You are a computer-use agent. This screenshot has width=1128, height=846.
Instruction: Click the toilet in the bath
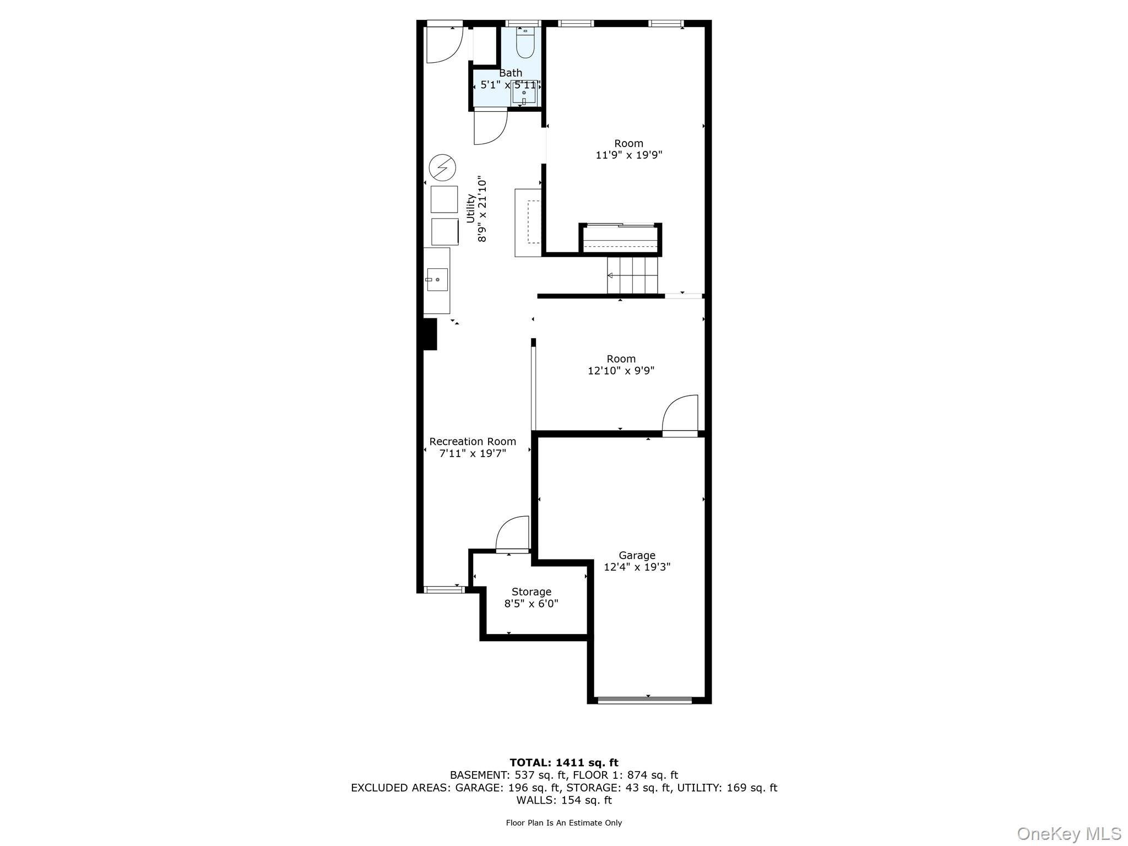525,44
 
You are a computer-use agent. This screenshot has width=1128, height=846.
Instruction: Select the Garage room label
637,555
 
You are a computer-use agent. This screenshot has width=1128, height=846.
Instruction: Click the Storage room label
531,592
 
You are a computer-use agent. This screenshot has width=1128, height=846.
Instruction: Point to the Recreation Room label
473,441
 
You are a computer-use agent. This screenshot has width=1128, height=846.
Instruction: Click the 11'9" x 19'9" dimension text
628,155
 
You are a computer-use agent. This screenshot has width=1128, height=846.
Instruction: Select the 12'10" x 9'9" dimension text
621,371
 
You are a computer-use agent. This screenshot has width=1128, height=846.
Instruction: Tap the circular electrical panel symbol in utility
442,167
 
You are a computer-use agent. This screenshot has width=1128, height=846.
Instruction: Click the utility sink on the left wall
437,280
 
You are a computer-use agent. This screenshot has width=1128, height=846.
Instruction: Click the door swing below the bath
490,127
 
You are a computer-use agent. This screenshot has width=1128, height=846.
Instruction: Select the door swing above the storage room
513,533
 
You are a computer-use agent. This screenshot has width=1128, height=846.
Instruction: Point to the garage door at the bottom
644,700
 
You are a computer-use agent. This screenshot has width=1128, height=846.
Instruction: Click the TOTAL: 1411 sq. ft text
563,763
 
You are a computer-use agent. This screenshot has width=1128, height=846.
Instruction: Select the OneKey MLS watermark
1069,834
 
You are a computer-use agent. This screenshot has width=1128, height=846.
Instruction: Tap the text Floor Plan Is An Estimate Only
563,823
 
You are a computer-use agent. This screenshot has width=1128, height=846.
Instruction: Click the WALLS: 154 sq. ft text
563,800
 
